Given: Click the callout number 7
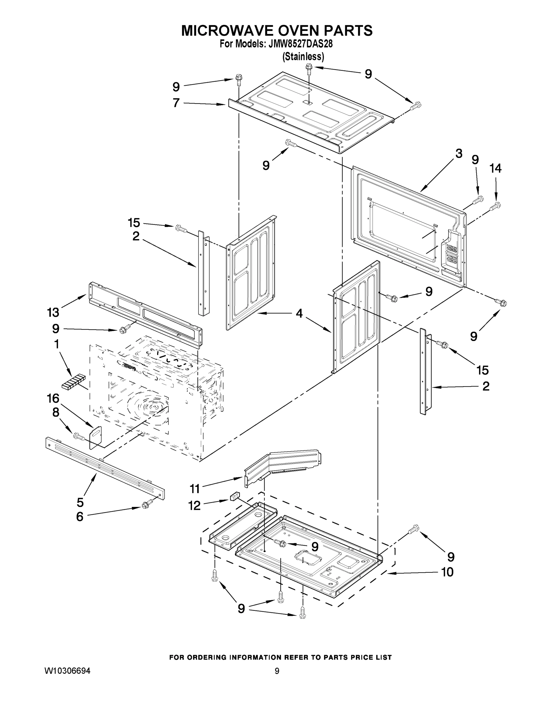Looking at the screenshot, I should [x=176, y=103].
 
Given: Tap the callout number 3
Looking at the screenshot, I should [x=459, y=153].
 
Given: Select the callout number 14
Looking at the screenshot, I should [x=495, y=168].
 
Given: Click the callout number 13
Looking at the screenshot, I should [x=53, y=313].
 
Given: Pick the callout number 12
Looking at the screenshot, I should [x=194, y=505].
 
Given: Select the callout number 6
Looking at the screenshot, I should [x=79, y=516].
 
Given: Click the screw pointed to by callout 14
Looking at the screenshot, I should [x=496, y=206].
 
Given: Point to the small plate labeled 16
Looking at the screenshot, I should [x=95, y=436].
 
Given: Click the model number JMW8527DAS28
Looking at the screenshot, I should [x=300, y=44].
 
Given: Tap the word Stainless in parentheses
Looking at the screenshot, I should [x=303, y=57].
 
